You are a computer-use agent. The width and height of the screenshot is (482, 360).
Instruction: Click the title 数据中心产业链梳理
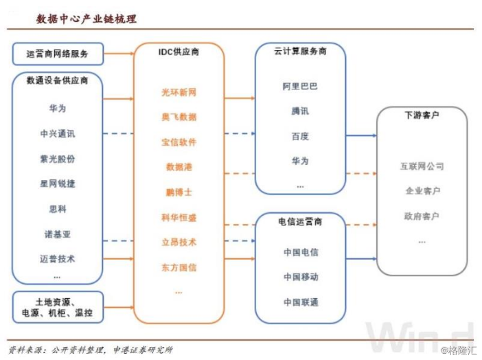click(x=87, y=19)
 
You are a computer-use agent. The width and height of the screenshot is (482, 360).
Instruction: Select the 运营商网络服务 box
click(x=58, y=53)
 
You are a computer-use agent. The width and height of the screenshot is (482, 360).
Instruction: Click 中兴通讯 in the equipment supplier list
click(x=58, y=133)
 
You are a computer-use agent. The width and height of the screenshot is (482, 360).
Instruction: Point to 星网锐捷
click(x=58, y=183)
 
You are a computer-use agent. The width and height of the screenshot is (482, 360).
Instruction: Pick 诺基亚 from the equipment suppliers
click(x=58, y=234)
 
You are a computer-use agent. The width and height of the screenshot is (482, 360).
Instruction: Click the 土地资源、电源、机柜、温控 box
click(x=58, y=307)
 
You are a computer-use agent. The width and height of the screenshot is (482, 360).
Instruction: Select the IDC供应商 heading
click(x=179, y=52)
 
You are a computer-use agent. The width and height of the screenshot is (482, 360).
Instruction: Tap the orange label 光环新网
click(x=179, y=92)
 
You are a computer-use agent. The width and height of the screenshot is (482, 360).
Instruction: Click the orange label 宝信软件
click(x=179, y=142)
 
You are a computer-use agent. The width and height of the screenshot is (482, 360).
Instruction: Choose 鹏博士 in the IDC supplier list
click(x=179, y=192)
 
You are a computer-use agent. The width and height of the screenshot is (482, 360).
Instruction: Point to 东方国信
click(x=179, y=267)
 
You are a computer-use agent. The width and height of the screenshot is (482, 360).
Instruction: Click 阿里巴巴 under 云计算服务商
click(x=300, y=87)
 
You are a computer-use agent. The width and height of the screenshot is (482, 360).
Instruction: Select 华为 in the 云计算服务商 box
click(x=300, y=161)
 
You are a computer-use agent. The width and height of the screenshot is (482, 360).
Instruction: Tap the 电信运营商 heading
click(x=300, y=223)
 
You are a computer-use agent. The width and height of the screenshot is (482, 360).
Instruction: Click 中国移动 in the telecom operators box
click(x=300, y=277)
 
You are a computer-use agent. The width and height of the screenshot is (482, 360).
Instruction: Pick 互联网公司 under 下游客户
click(x=422, y=166)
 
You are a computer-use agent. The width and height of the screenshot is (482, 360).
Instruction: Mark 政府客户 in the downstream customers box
click(x=422, y=216)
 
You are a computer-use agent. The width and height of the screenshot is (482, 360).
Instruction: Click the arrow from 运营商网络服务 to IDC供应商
click(x=118, y=53)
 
